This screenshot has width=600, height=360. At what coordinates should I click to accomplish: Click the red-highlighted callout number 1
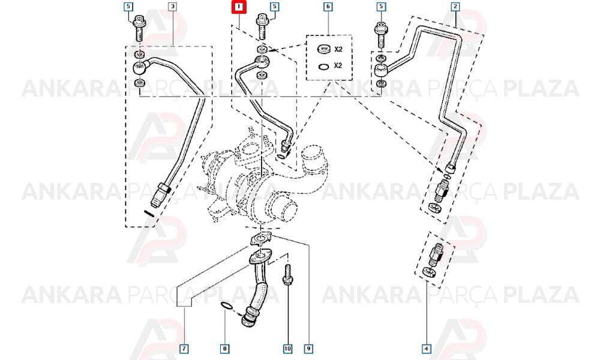[x=239, y=7]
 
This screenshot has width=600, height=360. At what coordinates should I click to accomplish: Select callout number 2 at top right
[x=455, y=7]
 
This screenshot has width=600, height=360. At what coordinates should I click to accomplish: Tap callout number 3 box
[x=173, y=7]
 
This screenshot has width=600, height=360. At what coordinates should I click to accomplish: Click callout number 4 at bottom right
[x=426, y=349]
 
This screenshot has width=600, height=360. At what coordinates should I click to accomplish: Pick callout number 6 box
[x=328, y=7]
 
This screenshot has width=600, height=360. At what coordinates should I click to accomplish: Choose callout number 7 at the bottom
[x=184, y=349]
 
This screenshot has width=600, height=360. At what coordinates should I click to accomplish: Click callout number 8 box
[x=224, y=349]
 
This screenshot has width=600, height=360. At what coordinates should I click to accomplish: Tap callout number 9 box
[x=308, y=349]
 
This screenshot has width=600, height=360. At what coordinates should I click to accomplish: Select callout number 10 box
[x=287, y=349]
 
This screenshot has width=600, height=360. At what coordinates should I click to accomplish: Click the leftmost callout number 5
[x=128, y=7]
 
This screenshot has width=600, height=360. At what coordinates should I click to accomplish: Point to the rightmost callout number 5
[x=381, y=7]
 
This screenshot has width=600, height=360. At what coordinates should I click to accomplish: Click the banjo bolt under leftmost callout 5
[x=139, y=28]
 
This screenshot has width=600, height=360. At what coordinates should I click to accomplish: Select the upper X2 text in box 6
[x=338, y=49]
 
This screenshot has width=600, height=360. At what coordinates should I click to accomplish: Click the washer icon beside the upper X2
[x=324, y=49]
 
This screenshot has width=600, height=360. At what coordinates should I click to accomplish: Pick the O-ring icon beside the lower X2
[x=323, y=67]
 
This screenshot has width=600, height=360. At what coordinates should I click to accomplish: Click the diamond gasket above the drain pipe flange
[x=261, y=239]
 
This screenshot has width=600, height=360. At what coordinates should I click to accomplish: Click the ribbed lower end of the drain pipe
[x=248, y=317]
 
